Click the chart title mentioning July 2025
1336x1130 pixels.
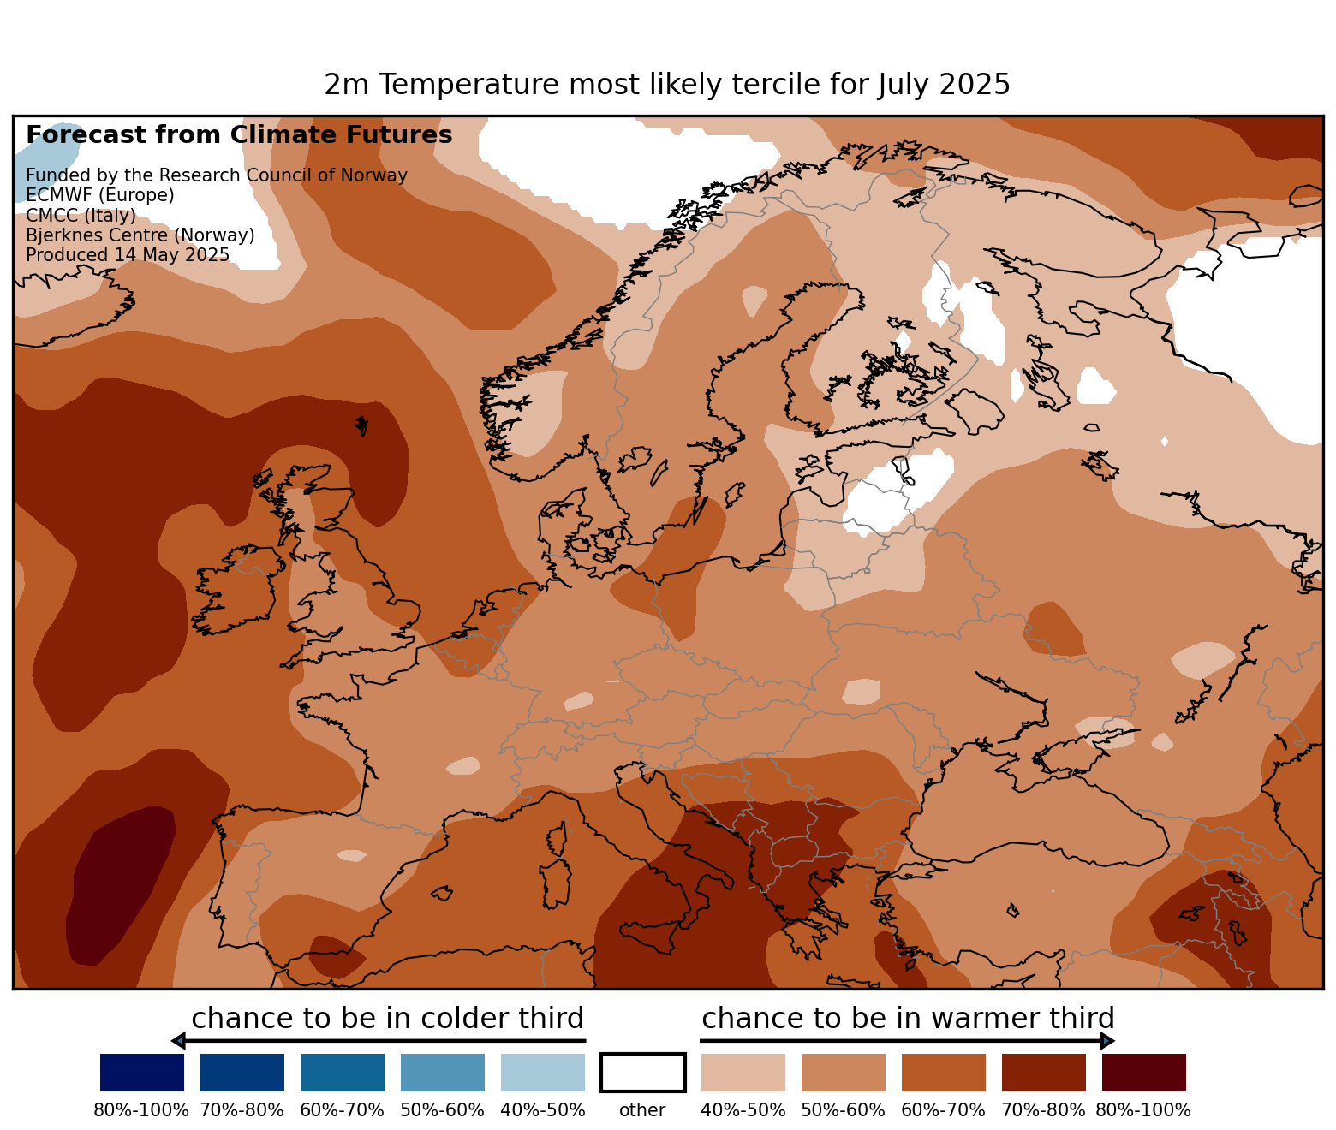pos(667,85)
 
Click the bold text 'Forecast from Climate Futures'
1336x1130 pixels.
pos(239,135)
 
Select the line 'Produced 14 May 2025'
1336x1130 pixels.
pos(128,255)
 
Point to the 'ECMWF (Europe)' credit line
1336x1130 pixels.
pos(100,195)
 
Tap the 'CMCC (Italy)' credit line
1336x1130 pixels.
pos(81,215)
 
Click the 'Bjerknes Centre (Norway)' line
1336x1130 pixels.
pos(140,235)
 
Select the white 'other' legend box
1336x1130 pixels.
pos(643,1073)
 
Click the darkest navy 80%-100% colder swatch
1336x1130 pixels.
pos(142,1073)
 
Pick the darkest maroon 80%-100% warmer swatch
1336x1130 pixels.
pos(1143,1073)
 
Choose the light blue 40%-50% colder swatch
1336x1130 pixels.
pos(543,1073)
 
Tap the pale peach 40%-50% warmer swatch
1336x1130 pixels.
pos(743,1073)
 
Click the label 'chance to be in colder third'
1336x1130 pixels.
pos(387,1019)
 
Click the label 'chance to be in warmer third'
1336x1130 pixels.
pos(908,1019)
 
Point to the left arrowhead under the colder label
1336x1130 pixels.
pos(178,1041)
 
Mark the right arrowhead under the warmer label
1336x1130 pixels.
pos(1107,1041)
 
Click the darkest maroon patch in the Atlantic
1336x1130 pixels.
pos(120,882)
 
